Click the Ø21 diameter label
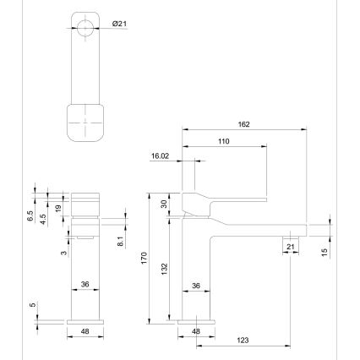coord(120,25)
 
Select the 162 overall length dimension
coord(244,123)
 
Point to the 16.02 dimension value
coord(161,156)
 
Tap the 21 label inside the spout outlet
coord(291,246)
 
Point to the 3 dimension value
coord(63,253)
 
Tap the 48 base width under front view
coord(85,331)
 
